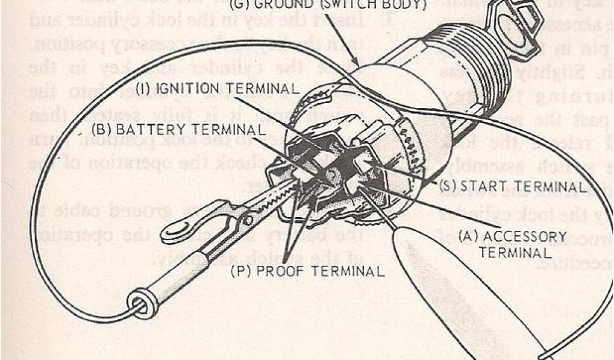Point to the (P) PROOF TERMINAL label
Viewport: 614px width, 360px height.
pos(308,271)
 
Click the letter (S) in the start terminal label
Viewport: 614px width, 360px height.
pos(448,187)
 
